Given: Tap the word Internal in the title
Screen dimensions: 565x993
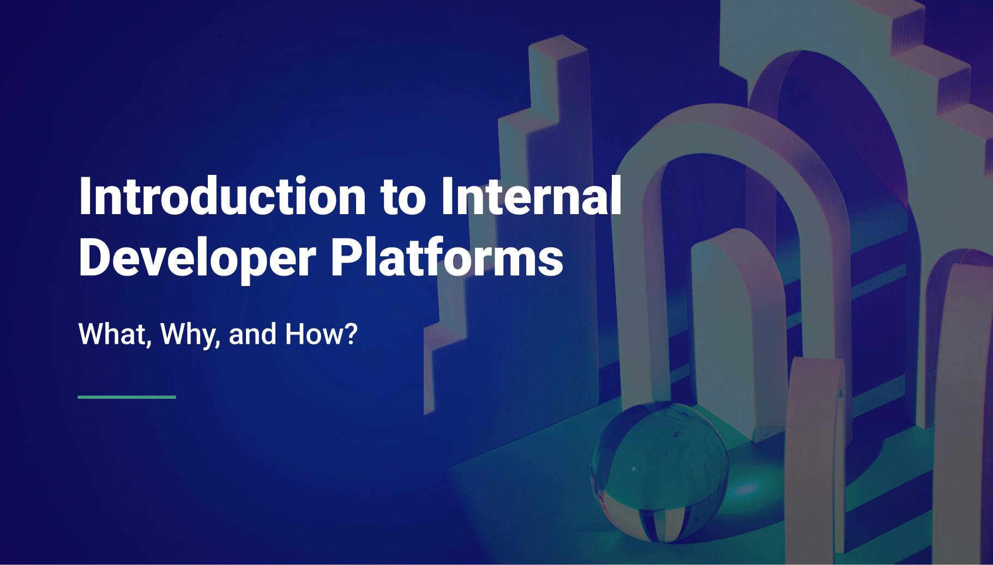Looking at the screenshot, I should (531, 197).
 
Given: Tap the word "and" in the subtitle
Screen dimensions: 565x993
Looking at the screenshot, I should (252, 335).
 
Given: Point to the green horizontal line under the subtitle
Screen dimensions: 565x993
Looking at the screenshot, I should (127, 397).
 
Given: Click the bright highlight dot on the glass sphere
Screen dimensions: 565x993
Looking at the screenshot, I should (633, 468).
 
